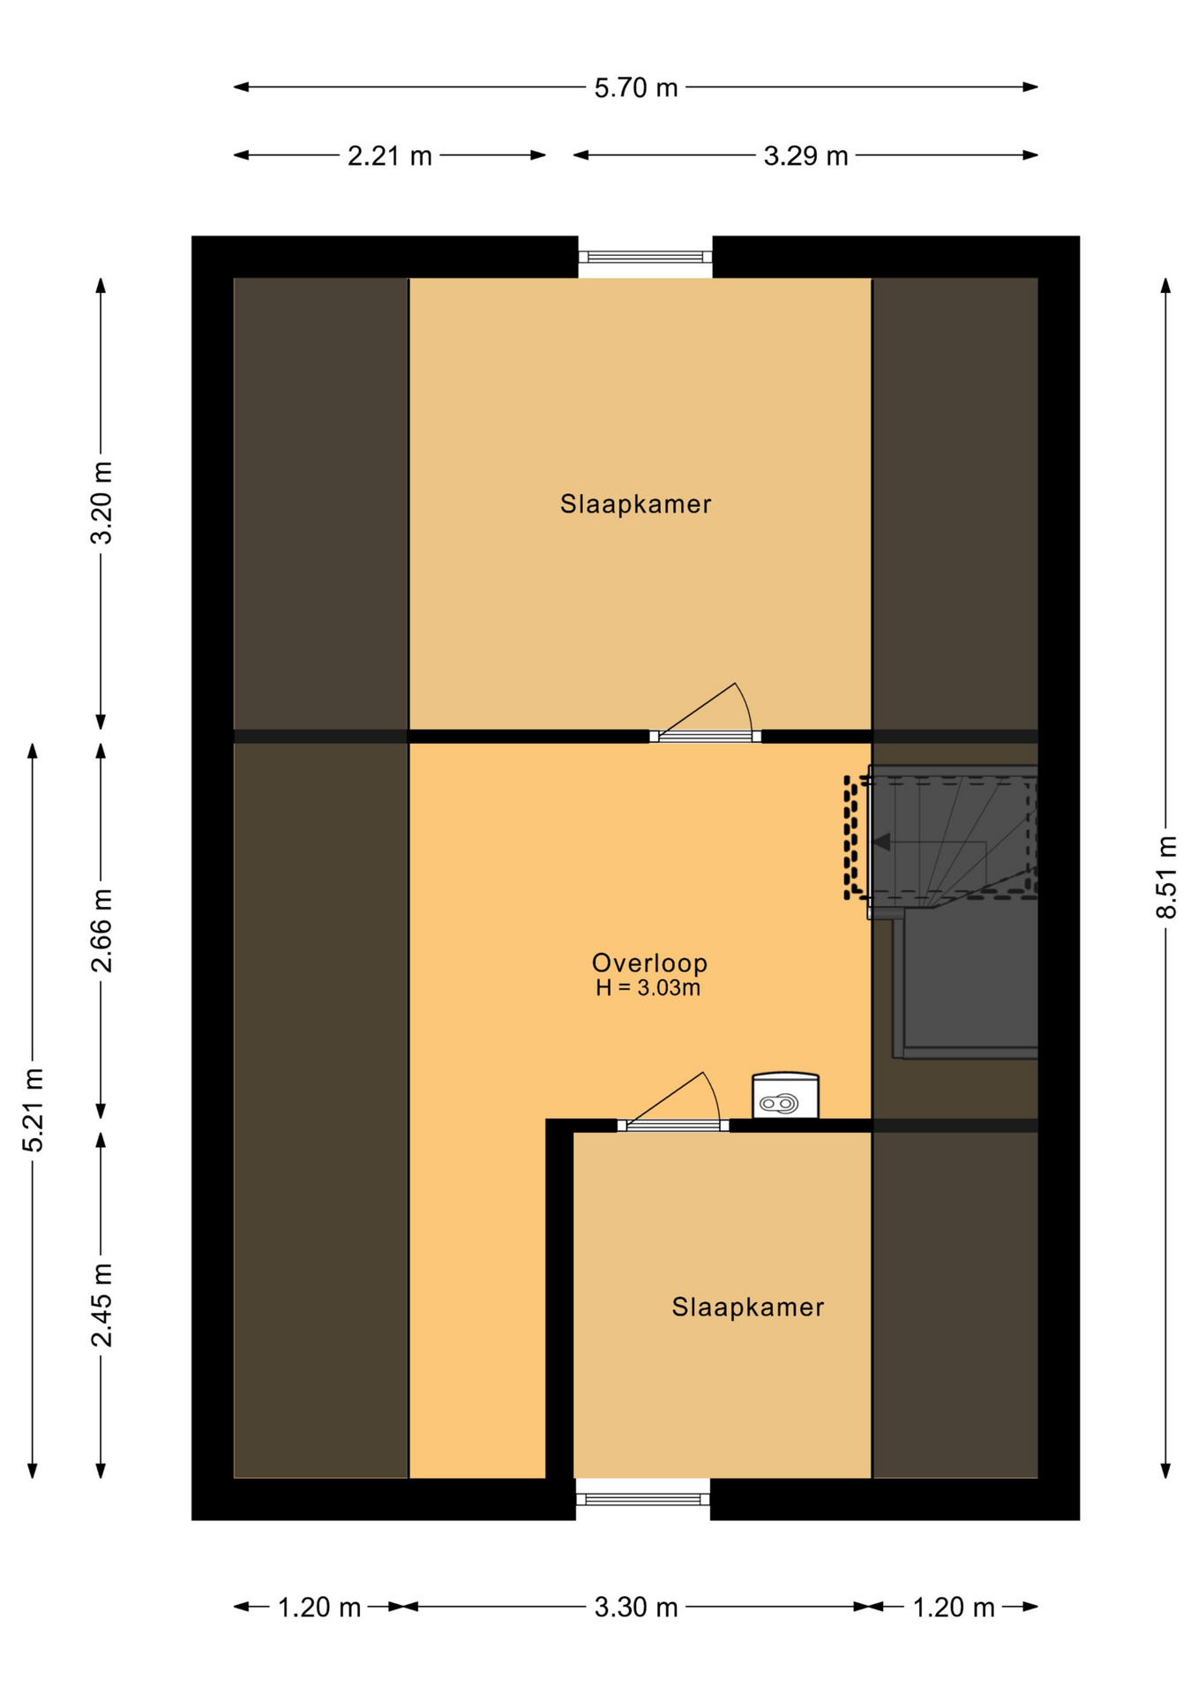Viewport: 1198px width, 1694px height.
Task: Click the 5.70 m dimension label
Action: coord(635,87)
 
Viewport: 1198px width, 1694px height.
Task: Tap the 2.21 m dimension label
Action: coord(389,156)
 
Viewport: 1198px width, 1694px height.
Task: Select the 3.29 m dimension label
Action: coord(805,156)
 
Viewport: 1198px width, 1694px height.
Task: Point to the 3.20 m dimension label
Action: coord(102,502)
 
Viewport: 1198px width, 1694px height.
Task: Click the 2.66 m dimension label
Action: coord(102,930)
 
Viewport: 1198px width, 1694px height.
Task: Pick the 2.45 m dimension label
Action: coord(102,1305)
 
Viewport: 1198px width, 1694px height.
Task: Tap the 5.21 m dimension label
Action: coord(34,1110)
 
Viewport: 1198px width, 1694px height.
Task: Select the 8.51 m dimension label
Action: coord(1166,877)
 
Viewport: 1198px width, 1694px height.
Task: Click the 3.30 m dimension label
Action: coord(635,1608)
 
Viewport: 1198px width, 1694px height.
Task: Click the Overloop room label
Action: coord(649,963)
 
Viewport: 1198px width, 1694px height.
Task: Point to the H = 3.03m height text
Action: coord(648,988)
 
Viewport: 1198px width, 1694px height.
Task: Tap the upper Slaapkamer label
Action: coord(635,504)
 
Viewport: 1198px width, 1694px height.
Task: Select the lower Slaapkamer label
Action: coord(747,1307)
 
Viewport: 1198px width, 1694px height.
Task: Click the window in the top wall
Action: coord(645,257)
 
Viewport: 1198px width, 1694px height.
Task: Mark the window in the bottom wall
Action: coord(643,1499)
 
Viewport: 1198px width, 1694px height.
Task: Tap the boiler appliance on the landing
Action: coord(785,1096)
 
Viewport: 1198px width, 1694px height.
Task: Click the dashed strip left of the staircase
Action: coord(851,837)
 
